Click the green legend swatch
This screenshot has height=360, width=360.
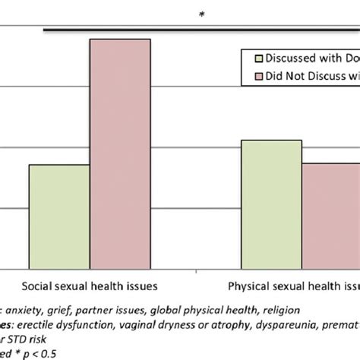258,58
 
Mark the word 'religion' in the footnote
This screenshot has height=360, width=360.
279,309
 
